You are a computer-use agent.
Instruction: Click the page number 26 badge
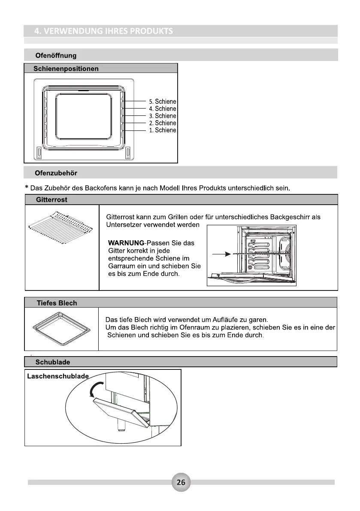[x=181, y=482]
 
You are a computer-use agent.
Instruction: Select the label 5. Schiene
[x=163, y=102]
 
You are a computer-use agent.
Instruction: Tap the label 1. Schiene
[x=163, y=130]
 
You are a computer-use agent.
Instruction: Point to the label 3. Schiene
[x=163, y=116]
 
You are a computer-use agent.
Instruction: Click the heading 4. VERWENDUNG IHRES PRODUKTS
[x=104, y=31]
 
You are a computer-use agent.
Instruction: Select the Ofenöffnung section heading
[x=56, y=55]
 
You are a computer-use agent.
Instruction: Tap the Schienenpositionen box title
[x=67, y=69]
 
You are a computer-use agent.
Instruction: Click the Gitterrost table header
[x=51, y=200]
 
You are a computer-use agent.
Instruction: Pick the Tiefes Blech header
[x=57, y=303]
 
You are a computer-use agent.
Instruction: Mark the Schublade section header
[x=53, y=362]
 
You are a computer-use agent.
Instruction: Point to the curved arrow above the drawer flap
[x=92, y=390]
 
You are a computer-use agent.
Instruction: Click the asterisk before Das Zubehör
[x=27, y=187]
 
